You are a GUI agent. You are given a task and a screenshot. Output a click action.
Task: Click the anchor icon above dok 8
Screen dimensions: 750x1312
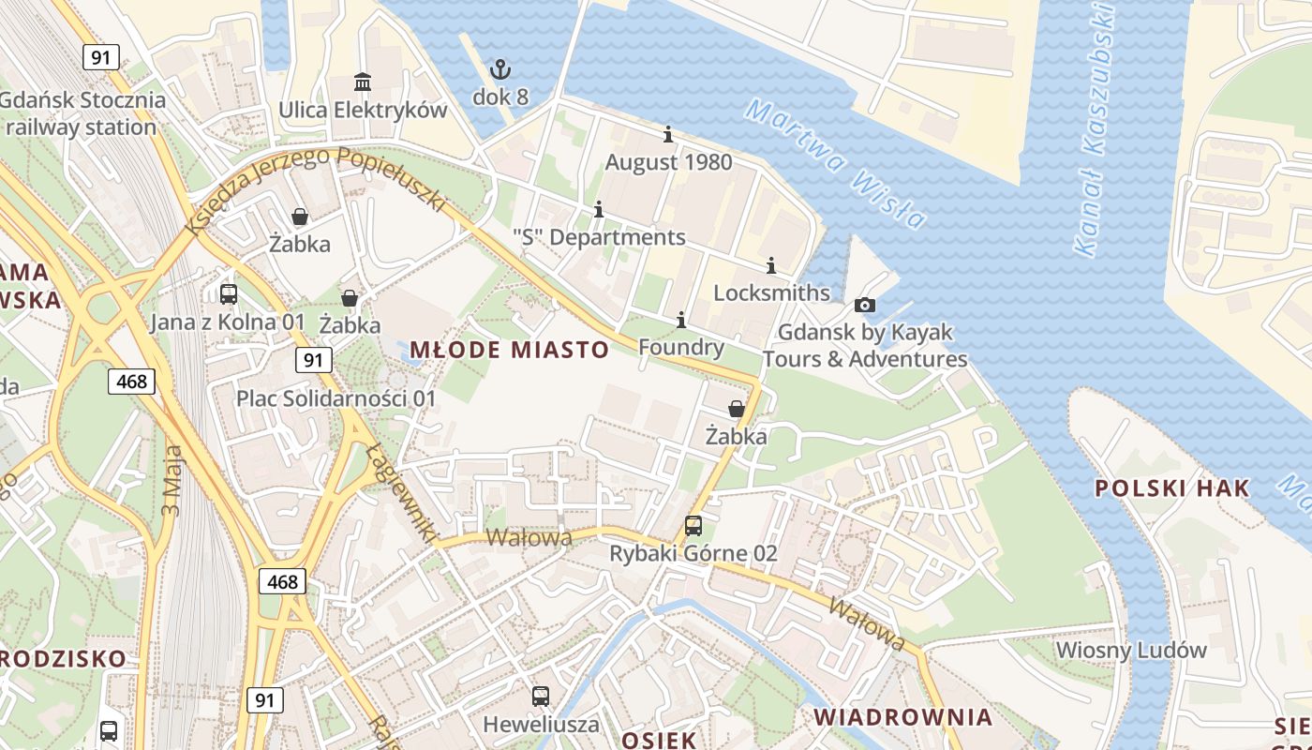500,68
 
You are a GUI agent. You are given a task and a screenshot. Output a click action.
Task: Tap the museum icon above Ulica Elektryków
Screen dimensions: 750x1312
362,82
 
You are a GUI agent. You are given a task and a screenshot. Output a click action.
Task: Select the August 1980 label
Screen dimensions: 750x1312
668,162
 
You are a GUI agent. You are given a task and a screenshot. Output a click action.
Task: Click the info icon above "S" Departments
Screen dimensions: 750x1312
599,209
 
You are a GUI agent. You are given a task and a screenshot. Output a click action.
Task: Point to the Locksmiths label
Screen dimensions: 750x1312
771,292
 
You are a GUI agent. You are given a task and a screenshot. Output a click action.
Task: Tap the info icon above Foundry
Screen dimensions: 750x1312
680,321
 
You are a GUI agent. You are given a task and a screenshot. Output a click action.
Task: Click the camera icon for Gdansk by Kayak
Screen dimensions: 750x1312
865,305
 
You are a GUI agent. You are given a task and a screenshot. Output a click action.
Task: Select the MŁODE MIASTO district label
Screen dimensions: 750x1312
510,351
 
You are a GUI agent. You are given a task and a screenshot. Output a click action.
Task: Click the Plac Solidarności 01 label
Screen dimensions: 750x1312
335,398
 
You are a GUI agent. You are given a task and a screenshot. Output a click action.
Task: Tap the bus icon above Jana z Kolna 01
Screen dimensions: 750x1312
228,294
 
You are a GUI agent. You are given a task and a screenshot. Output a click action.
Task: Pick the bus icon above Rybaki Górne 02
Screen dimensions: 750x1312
693,526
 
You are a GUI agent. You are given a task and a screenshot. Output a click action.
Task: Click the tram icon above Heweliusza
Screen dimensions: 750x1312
541,697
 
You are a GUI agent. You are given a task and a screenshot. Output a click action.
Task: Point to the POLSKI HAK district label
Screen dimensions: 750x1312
1171,487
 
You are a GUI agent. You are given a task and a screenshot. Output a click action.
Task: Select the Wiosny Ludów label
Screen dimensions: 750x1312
1131,650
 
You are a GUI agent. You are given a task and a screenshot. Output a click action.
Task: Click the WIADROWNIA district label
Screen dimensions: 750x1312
902,717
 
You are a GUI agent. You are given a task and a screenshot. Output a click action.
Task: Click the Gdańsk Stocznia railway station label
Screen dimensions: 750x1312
82,113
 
